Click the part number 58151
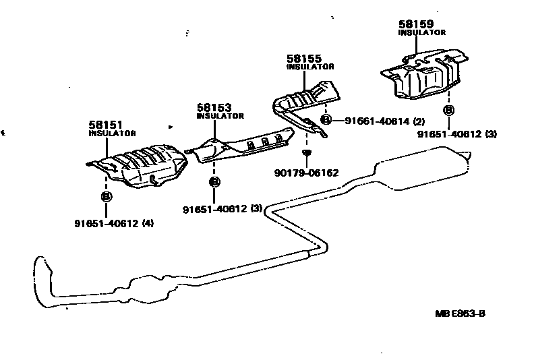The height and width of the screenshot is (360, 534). click(104, 125)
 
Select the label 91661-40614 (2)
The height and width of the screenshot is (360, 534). click(384, 121)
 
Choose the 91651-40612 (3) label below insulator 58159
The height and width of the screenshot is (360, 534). click(456, 134)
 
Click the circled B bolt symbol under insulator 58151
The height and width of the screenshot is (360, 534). click(106, 196)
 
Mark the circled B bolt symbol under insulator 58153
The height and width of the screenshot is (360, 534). click(214, 181)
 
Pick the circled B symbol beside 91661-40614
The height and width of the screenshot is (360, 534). click(326, 121)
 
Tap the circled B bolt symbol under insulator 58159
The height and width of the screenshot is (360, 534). click(448, 111)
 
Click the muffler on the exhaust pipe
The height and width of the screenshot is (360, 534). click(418, 171)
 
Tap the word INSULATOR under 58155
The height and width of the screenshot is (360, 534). click(310, 67)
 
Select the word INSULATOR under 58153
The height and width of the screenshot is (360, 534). click(220, 116)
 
